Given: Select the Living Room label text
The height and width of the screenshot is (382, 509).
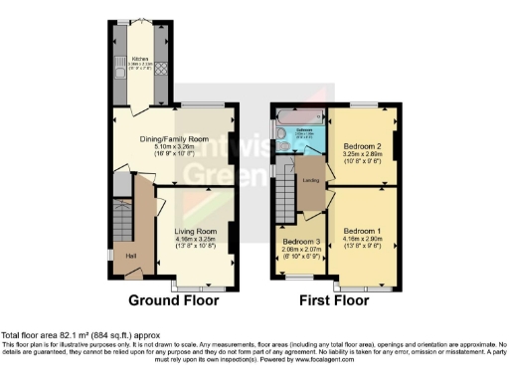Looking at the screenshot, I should tap(196, 232).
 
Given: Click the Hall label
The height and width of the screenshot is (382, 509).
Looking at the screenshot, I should tap(130, 256).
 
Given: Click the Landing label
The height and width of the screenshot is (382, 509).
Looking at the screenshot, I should tap(311, 180).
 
